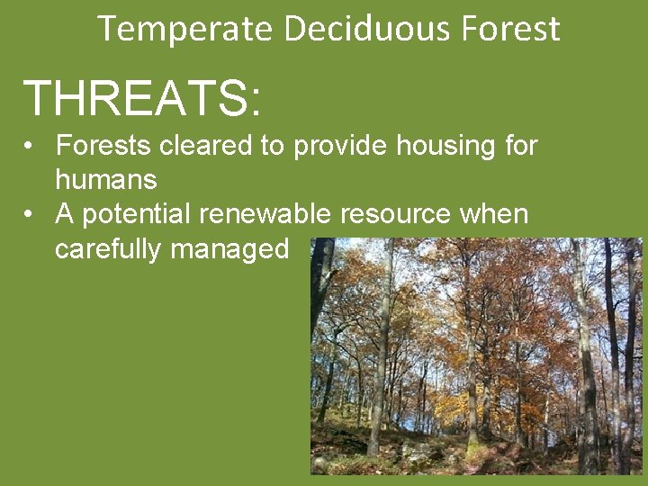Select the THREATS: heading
click(x=142, y=98)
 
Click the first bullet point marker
click(x=30, y=146)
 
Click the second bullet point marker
click(x=30, y=215)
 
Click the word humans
click(x=106, y=179)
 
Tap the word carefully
click(x=108, y=248)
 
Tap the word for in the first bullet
click(x=520, y=145)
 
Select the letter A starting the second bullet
click(x=66, y=214)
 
